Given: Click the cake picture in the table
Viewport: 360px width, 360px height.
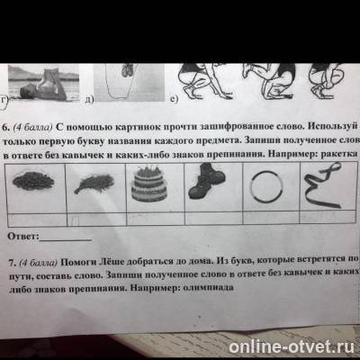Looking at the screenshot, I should pos(142,187).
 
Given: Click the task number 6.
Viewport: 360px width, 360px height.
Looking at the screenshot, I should pos(9,117).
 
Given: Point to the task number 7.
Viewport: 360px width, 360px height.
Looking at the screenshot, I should pos(9,259).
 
